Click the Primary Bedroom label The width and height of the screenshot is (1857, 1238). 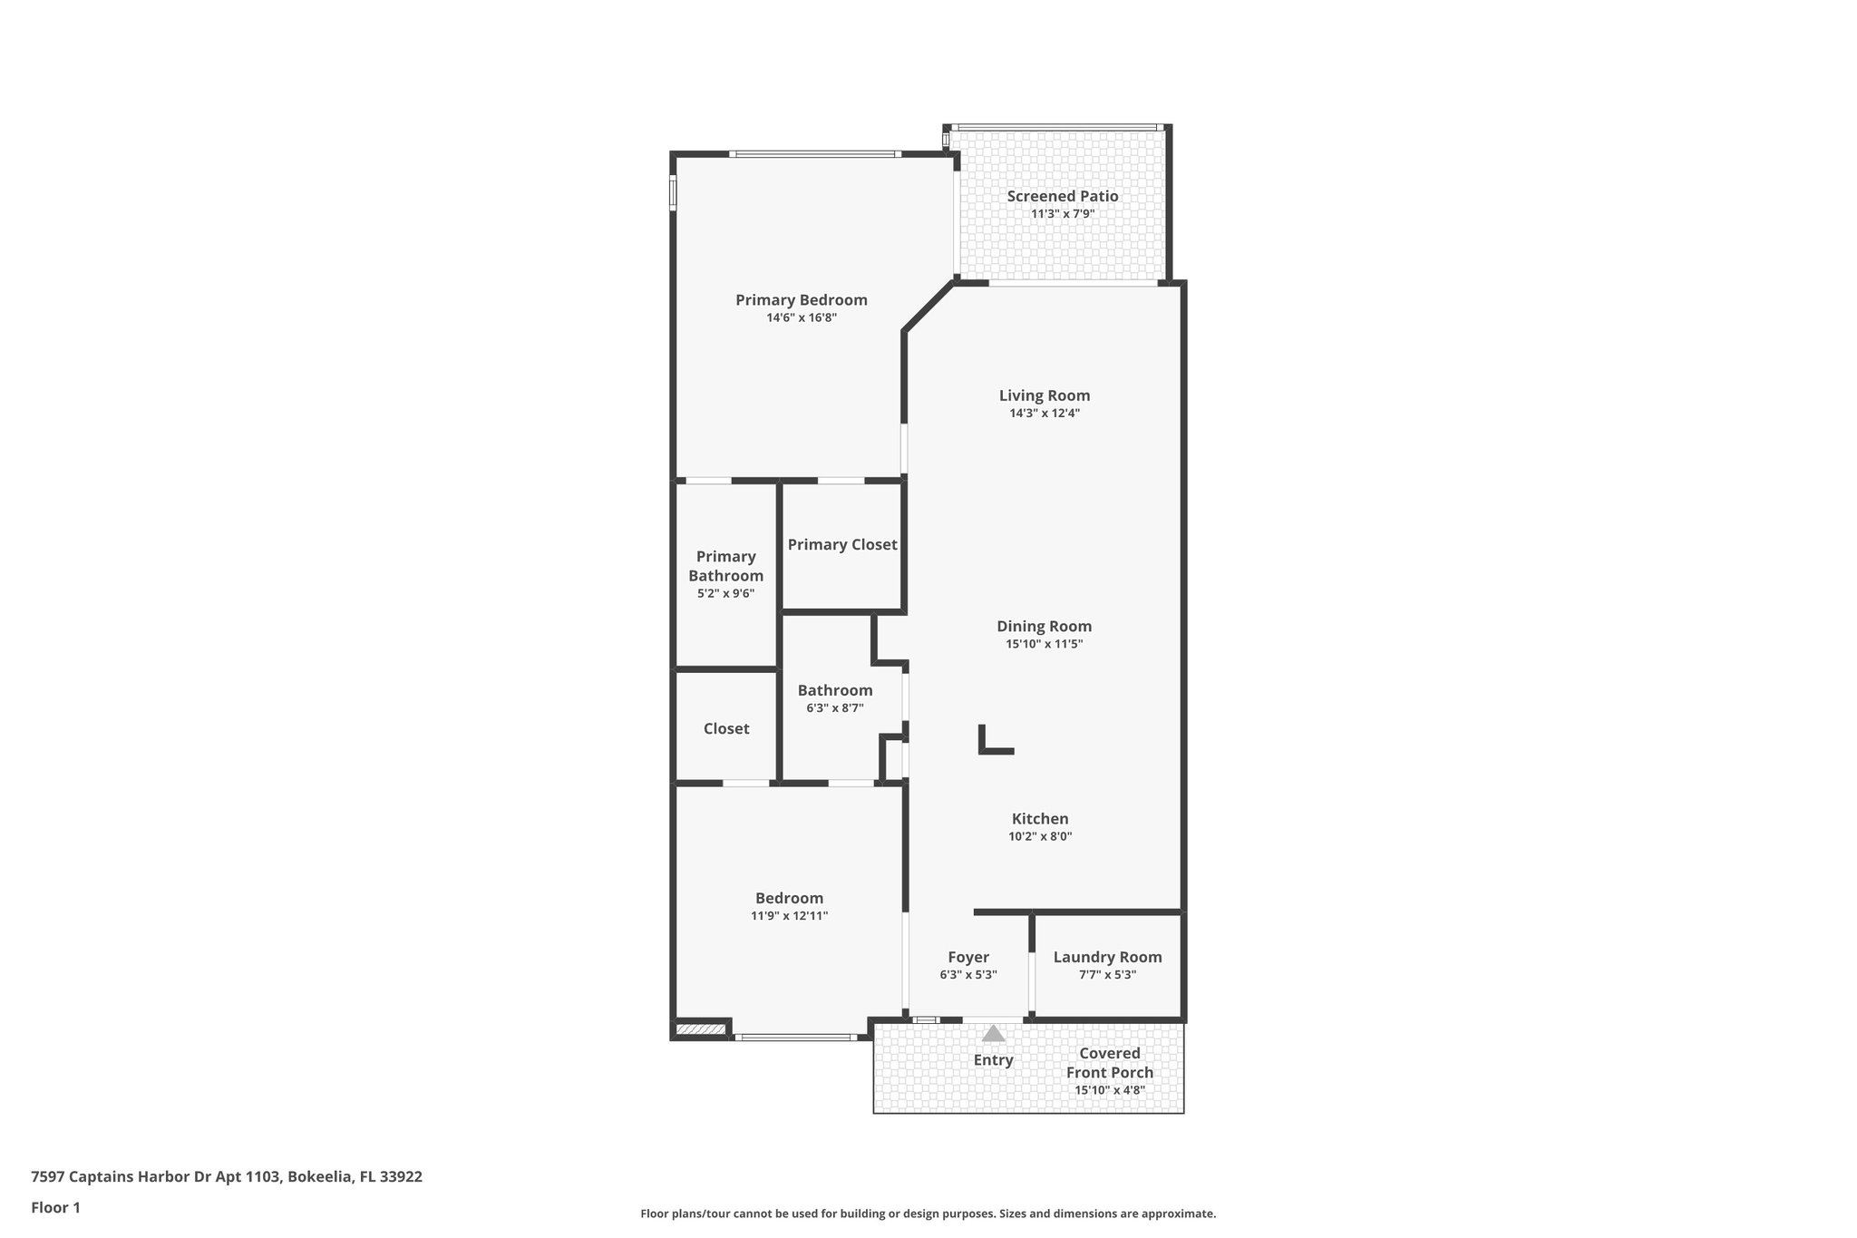click(x=801, y=300)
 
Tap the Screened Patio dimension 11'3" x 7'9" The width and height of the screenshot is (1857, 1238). click(x=1063, y=214)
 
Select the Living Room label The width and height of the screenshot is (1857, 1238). click(x=1045, y=395)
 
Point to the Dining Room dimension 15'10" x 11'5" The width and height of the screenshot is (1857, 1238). click(x=1045, y=644)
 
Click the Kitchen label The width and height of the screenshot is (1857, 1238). click(x=1040, y=819)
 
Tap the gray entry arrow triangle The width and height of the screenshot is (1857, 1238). click(x=994, y=1033)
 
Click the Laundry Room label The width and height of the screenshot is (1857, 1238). click(x=1107, y=957)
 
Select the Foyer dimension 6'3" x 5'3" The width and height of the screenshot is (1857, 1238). click(x=968, y=975)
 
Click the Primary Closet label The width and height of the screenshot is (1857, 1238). click(x=842, y=544)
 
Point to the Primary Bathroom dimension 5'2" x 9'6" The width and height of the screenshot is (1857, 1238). click(x=725, y=593)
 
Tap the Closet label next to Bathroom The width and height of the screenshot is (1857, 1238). click(x=726, y=728)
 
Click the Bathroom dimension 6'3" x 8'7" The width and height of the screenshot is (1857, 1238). click(x=835, y=707)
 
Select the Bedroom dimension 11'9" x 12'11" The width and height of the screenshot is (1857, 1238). click(x=789, y=916)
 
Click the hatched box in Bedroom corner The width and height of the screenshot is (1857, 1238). click(x=701, y=1028)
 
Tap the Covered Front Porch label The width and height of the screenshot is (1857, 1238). click(x=1110, y=1063)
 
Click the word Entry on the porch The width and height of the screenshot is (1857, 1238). click(x=994, y=1060)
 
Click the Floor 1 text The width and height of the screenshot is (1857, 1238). click(x=55, y=1207)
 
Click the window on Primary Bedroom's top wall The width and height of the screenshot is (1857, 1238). click(x=815, y=154)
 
